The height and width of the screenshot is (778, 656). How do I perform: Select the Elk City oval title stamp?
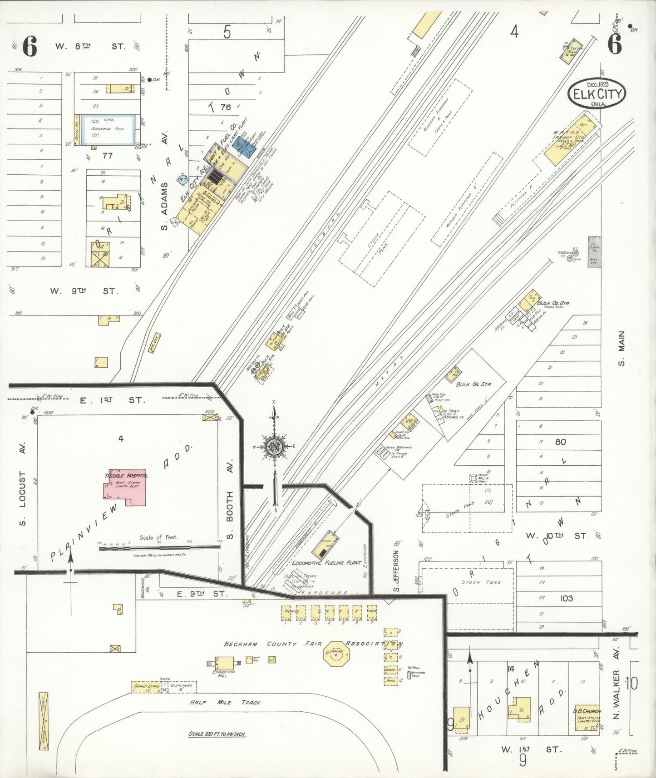coord(597,94)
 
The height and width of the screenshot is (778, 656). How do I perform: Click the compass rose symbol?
coord(274,446)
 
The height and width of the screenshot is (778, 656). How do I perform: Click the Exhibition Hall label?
coord(223,672)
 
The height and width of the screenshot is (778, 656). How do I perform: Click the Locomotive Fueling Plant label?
coord(326,563)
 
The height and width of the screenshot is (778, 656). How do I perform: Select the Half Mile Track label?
coord(225,702)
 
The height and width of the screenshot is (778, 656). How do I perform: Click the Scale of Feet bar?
coord(159,547)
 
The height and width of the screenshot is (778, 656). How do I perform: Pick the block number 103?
coord(566,598)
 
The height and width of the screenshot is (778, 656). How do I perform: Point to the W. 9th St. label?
coord(84,291)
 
